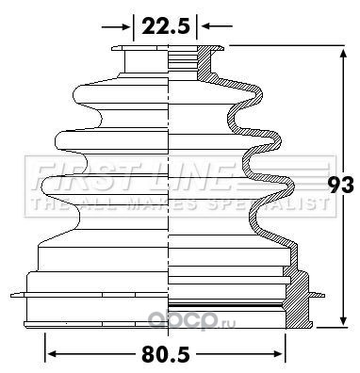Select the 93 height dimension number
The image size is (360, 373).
[340, 186]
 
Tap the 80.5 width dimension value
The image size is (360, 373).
[166, 354]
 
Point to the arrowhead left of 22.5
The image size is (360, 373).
[126, 27]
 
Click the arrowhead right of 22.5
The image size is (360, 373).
[205, 26]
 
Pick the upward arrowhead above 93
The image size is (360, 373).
[343, 53]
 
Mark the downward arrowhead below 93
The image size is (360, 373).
[344, 320]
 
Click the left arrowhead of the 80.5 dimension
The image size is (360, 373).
[52, 354]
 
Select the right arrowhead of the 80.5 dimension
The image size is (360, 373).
[278, 354]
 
